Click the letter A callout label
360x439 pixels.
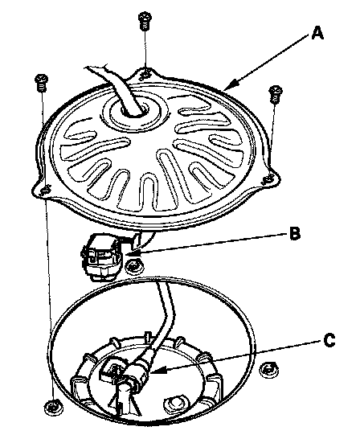317,33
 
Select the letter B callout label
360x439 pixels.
295,233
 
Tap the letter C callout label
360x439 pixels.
329,340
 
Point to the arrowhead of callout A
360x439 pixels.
231,84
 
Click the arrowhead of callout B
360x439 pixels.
129,254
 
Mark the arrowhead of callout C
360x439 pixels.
156,371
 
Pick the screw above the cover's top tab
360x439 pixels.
145,20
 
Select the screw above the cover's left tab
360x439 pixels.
42,82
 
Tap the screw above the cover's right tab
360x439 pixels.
276,94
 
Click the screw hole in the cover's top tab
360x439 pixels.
145,73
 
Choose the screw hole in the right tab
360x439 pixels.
268,179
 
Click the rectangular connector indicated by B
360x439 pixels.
102,257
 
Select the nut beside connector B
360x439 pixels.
134,267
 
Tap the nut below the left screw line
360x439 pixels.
54,408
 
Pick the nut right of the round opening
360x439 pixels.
269,370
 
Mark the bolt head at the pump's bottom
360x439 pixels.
175,404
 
